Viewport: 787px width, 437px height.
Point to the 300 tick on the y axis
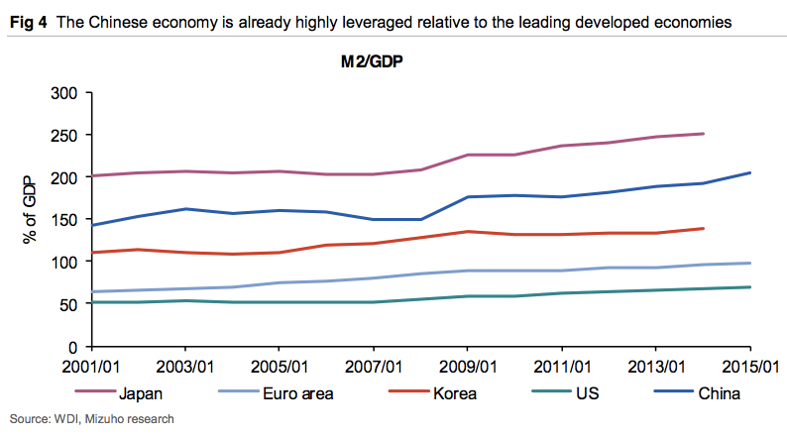[61, 92]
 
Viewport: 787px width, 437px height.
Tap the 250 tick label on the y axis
[61, 135]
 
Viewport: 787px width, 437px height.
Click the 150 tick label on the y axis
[61, 220]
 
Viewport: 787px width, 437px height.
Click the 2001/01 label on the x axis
[91, 367]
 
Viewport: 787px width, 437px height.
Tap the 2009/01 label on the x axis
[468, 367]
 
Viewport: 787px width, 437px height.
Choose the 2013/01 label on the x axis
[656, 367]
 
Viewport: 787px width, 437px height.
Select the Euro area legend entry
[297, 393]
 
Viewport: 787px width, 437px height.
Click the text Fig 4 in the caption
[27, 21]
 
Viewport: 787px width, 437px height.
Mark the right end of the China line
[750, 172]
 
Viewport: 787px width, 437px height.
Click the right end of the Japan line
[703, 133]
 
